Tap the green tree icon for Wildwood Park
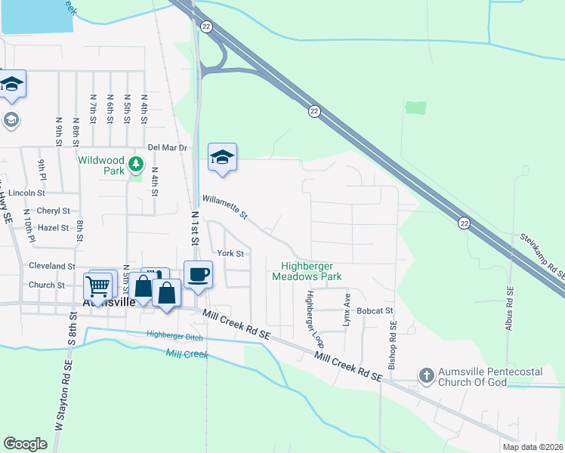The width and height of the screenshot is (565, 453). (x=136, y=164)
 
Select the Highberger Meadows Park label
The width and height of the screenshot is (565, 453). (x=312, y=271)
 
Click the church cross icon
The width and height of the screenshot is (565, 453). (x=426, y=375)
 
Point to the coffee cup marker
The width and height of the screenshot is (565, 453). (x=198, y=273)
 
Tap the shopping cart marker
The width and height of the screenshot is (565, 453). (x=97, y=286)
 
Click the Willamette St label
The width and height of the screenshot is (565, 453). (x=224, y=208)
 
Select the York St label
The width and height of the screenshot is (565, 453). (x=230, y=254)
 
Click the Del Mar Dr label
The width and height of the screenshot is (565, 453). (x=167, y=148)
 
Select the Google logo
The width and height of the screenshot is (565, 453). (x=26, y=444)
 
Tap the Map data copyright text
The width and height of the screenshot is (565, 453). (x=533, y=447)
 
